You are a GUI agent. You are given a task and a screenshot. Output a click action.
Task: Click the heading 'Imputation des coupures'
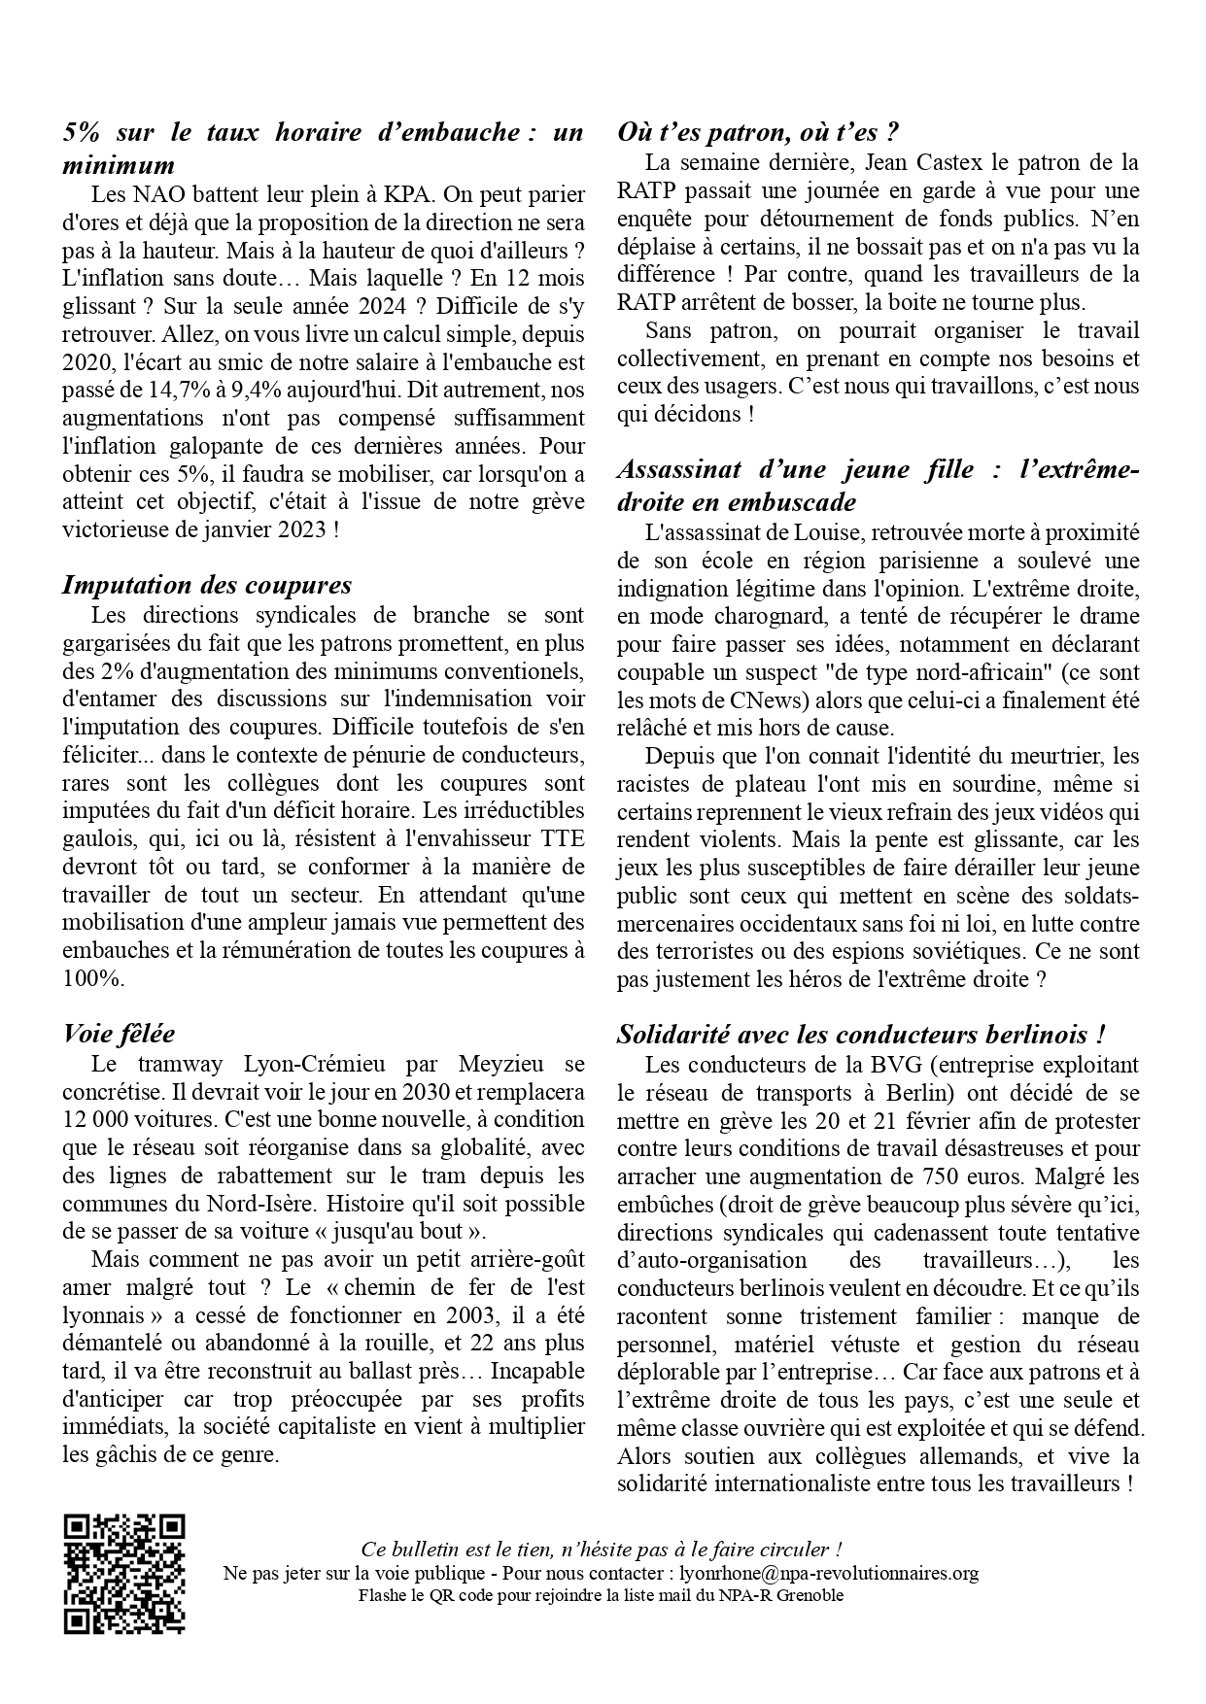click(207, 585)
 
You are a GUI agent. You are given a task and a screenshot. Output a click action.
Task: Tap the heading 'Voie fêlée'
click(119, 1033)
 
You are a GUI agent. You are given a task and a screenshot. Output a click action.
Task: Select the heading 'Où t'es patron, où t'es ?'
click(757, 132)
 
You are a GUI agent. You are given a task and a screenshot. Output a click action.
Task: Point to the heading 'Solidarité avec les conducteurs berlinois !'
click(862, 1034)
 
